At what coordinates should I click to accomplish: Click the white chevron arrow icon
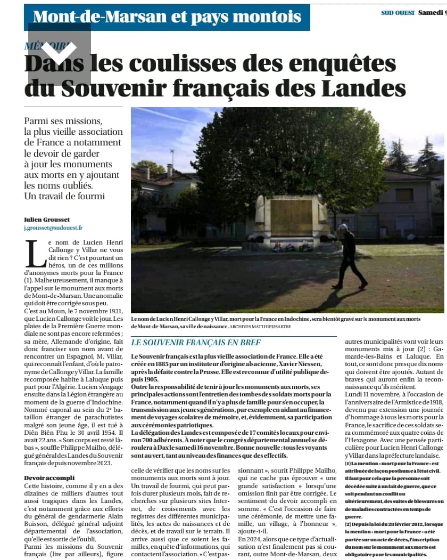tap(59, 52)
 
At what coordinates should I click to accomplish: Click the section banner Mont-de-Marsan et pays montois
tap(167, 17)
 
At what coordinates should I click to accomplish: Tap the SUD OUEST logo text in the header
tap(398, 13)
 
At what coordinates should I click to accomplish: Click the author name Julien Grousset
tap(47, 220)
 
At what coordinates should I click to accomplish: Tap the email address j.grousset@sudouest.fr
tap(53, 228)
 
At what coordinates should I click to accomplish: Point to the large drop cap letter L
tap(36, 254)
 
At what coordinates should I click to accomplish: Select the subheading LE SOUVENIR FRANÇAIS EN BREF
tap(196, 342)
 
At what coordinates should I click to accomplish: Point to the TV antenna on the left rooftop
tap(172, 157)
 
